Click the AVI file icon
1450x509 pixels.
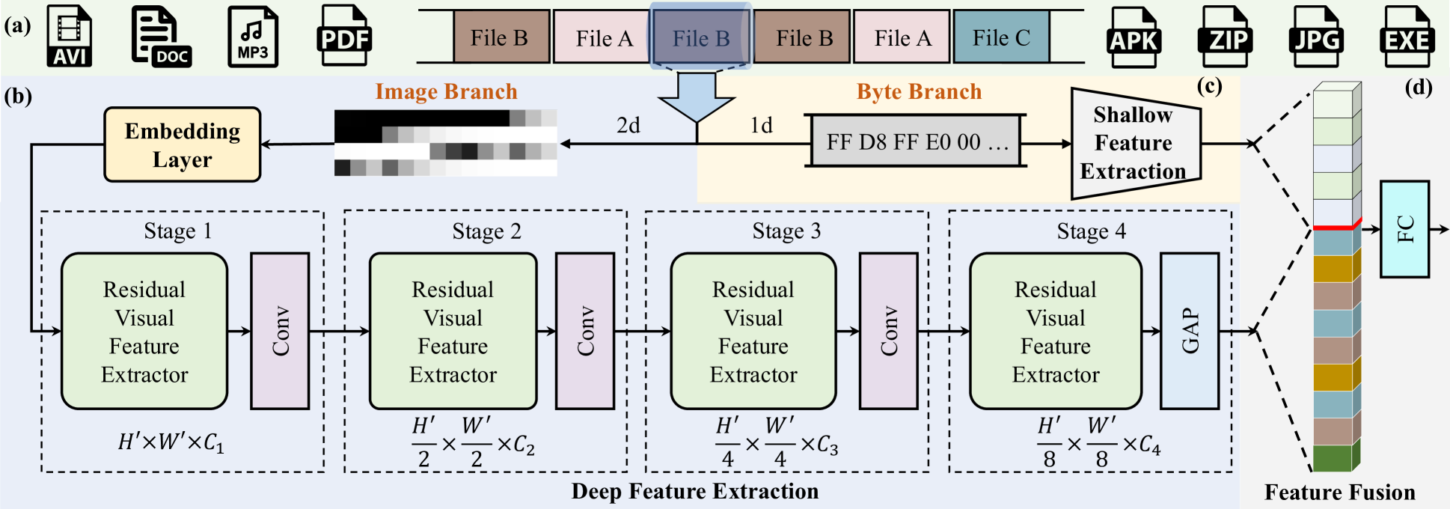pyautogui.click(x=70, y=36)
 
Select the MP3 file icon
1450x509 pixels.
pyautogui.click(x=253, y=36)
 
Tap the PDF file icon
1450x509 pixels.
pyautogui.click(x=345, y=36)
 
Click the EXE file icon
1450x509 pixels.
pyautogui.click(x=1407, y=37)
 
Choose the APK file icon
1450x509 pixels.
pyautogui.click(x=1134, y=37)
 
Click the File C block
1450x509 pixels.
pyautogui.click(x=1001, y=37)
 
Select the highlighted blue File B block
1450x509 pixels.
pyautogui.click(x=700, y=37)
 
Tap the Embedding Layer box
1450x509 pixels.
pyautogui.click(x=183, y=145)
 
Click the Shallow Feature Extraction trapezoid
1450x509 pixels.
pyautogui.click(x=1134, y=143)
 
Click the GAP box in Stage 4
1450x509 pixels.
pyautogui.click(x=1189, y=331)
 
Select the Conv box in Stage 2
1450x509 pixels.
pyautogui.click(x=584, y=331)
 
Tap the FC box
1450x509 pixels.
pyautogui.click(x=1404, y=229)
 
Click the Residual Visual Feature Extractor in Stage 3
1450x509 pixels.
pyautogui.click(x=753, y=331)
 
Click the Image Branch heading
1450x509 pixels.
pyautogui.click(x=446, y=91)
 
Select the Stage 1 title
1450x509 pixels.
pyautogui.click(x=177, y=231)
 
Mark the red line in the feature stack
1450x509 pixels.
pyautogui.click(x=1335, y=227)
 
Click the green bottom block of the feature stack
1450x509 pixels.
pyautogui.click(x=1333, y=458)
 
